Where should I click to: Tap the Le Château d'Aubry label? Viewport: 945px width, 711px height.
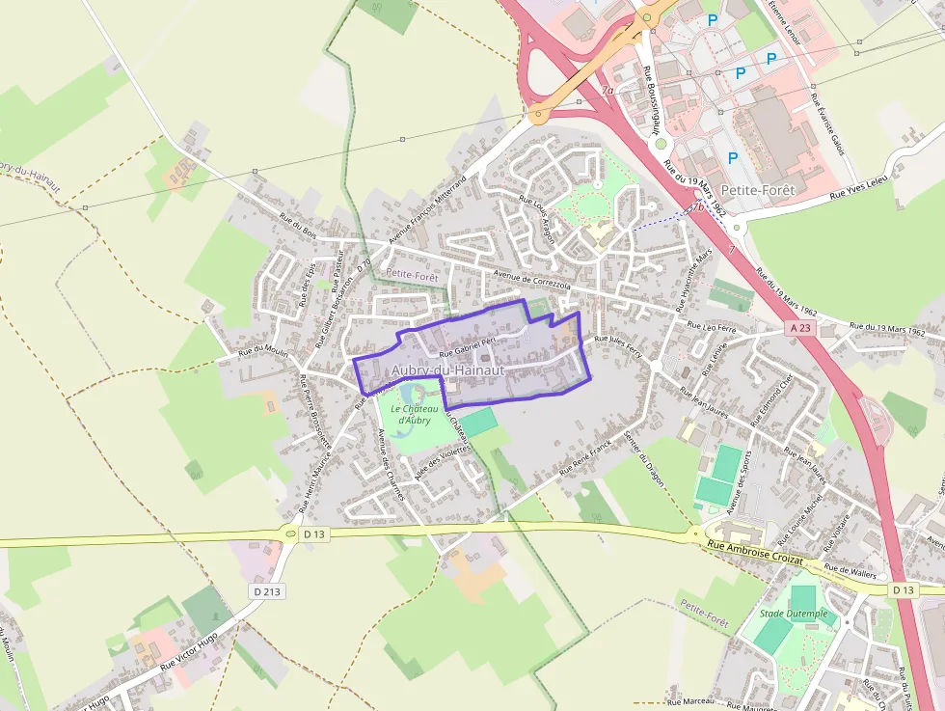tap(416, 414)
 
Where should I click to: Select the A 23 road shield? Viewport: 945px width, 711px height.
tap(799, 328)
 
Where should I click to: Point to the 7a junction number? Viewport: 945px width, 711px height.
tap(607, 91)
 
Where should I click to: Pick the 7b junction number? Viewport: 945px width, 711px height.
tap(696, 206)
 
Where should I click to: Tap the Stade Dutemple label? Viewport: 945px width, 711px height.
tap(794, 613)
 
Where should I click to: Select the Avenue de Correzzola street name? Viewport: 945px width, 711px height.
tap(532, 281)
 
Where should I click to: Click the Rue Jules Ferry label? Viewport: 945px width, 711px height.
tap(618, 343)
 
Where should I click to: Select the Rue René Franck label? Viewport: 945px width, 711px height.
tap(586, 459)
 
